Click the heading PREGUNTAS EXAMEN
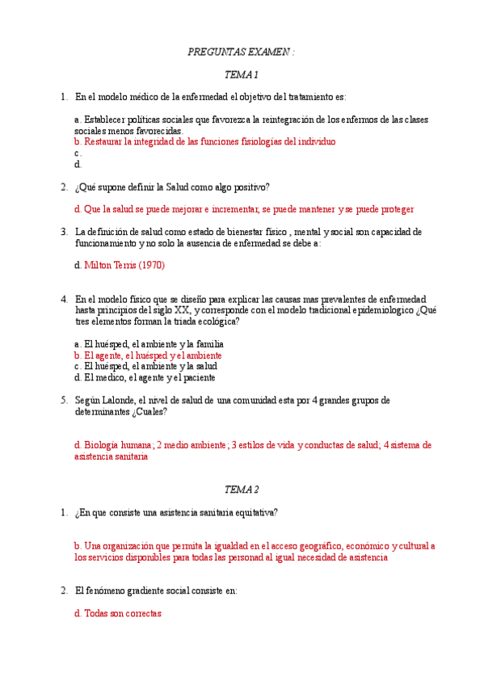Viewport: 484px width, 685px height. click(x=241, y=52)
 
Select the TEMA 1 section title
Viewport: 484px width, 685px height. click(x=241, y=75)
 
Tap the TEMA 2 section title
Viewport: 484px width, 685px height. click(x=241, y=490)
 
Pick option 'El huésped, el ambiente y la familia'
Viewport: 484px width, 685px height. click(x=148, y=343)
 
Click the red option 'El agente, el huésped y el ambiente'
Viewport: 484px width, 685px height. click(x=148, y=355)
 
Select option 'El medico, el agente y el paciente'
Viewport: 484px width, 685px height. click(x=145, y=377)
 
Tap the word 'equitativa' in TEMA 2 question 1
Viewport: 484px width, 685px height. click(x=256, y=512)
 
